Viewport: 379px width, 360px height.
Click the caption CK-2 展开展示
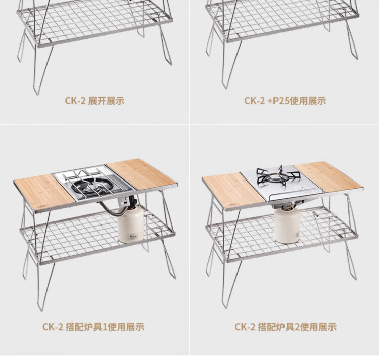pyautogui.click(x=94, y=101)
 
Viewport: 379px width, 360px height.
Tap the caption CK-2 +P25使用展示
pyautogui.click(x=285, y=101)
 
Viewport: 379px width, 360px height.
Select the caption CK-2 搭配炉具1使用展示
pyautogui.click(x=93, y=327)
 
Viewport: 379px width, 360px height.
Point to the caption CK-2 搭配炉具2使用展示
pyautogui.click(x=286, y=327)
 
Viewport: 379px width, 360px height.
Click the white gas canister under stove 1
pyautogui.click(x=130, y=223)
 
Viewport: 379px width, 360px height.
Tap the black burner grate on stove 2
pyautogui.click(x=278, y=175)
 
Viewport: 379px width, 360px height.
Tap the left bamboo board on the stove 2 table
pyautogui.click(x=233, y=190)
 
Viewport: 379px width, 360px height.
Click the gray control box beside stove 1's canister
pyautogui.click(x=124, y=201)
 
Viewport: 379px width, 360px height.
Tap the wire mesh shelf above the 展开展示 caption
pyautogui.click(x=95, y=21)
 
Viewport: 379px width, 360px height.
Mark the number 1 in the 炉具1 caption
pyautogui.click(x=105, y=327)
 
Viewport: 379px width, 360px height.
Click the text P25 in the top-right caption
pyautogui.click(x=281, y=101)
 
